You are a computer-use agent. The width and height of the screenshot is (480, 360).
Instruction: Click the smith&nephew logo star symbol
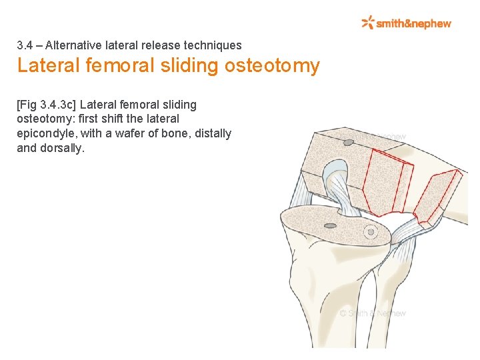368,23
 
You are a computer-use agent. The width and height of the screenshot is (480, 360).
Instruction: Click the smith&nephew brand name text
413,23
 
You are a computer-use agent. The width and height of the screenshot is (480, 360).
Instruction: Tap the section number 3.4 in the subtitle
25,45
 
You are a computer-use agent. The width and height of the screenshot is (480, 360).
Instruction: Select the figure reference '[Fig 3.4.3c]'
46,105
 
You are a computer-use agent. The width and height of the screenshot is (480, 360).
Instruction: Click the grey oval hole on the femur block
347,142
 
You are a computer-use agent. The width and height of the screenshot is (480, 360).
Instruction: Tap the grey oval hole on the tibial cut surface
329,226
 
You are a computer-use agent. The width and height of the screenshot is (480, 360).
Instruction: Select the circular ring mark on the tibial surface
371,232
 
